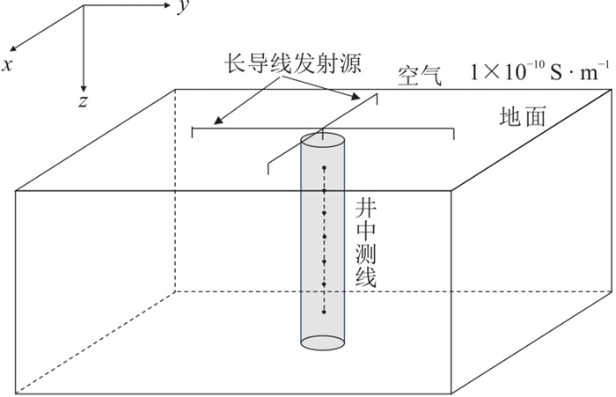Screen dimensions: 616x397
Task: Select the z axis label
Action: (82, 100)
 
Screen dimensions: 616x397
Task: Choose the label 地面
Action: (521, 115)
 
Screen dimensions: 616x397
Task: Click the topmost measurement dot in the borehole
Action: (324, 166)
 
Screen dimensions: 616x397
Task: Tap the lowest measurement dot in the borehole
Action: (324, 310)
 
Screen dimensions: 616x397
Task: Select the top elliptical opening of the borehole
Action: (324, 138)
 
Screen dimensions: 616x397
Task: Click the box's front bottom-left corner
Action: (17, 393)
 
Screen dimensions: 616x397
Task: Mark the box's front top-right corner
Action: (452, 189)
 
